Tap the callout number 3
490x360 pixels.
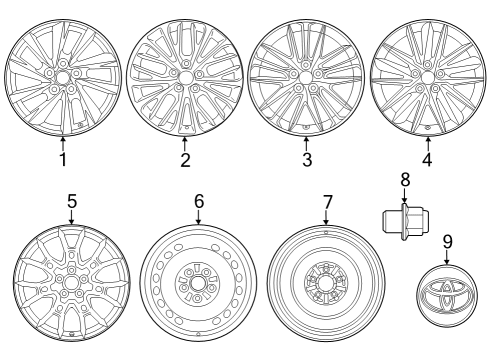[306, 159]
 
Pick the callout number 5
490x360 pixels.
[72, 202]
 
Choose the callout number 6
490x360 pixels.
[198, 202]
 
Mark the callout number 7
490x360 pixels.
[326, 202]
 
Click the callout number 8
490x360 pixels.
[405, 180]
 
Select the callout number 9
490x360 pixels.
[447, 240]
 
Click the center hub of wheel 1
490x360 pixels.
[62, 76]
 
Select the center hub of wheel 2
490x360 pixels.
[185, 75]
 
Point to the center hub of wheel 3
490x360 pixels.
[306, 76]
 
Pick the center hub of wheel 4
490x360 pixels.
[428, 72]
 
